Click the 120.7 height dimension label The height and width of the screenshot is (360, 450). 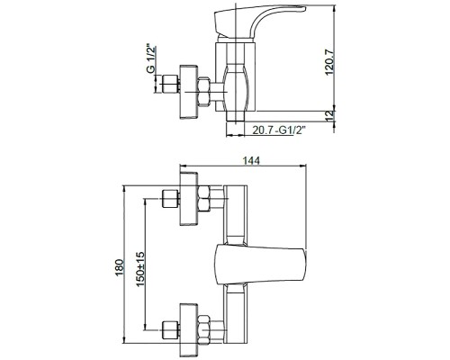pos(329,62)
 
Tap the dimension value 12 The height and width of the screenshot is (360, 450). pos(329,116)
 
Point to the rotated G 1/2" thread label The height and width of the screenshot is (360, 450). pos(151,59)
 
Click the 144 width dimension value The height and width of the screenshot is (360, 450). pos(251,160)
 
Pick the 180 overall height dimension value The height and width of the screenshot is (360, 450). pos(120,267)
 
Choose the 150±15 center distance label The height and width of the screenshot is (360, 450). pos(140,269)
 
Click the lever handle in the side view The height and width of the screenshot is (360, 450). pos(259,22)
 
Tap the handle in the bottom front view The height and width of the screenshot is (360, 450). pos(261,265)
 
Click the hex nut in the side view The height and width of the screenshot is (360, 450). pos(203,92)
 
